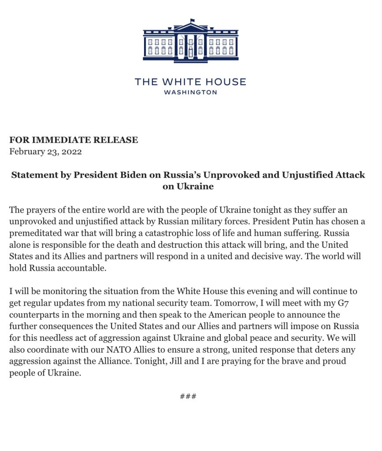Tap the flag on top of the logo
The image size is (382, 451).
(x=193, y=20)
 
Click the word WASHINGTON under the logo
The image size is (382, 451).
(x=190, y=93)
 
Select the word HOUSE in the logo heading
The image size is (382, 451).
(x=226, y=82)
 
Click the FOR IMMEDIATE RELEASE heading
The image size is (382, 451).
(x=74, y=140)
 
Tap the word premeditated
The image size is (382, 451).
(x=35, y=233)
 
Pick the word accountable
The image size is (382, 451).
(x=81, y=268)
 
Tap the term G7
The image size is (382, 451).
(x=350, y=303)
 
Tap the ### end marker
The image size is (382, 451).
(x=188, y=396)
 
